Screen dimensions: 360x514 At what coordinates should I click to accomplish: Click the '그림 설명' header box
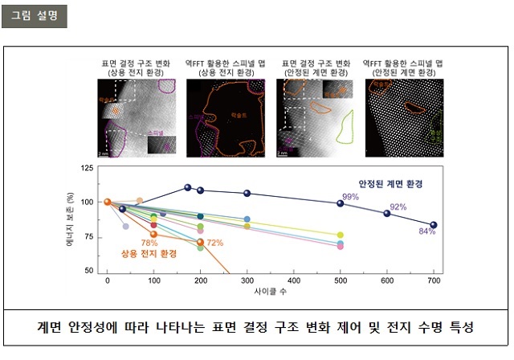click(33, 16)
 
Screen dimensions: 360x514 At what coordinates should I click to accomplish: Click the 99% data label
click(350, 197)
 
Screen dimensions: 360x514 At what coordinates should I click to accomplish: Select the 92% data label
click(398, 207)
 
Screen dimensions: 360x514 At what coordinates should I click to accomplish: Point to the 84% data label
click(426, 231)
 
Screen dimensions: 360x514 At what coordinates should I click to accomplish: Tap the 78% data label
click(149, 243)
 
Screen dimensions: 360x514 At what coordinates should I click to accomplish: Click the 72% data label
click(214, 243)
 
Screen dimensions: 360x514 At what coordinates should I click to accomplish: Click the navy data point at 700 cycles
click(434, 225)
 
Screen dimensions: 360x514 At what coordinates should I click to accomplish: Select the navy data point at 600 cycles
click(387, 213)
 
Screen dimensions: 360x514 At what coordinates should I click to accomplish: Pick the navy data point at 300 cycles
click(247, 193)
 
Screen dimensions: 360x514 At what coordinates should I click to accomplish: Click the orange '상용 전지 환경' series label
click(149, 254)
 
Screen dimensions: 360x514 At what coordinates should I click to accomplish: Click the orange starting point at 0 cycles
click(108, 202)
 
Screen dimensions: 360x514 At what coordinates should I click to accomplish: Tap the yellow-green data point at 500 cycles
click(341, 235)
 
